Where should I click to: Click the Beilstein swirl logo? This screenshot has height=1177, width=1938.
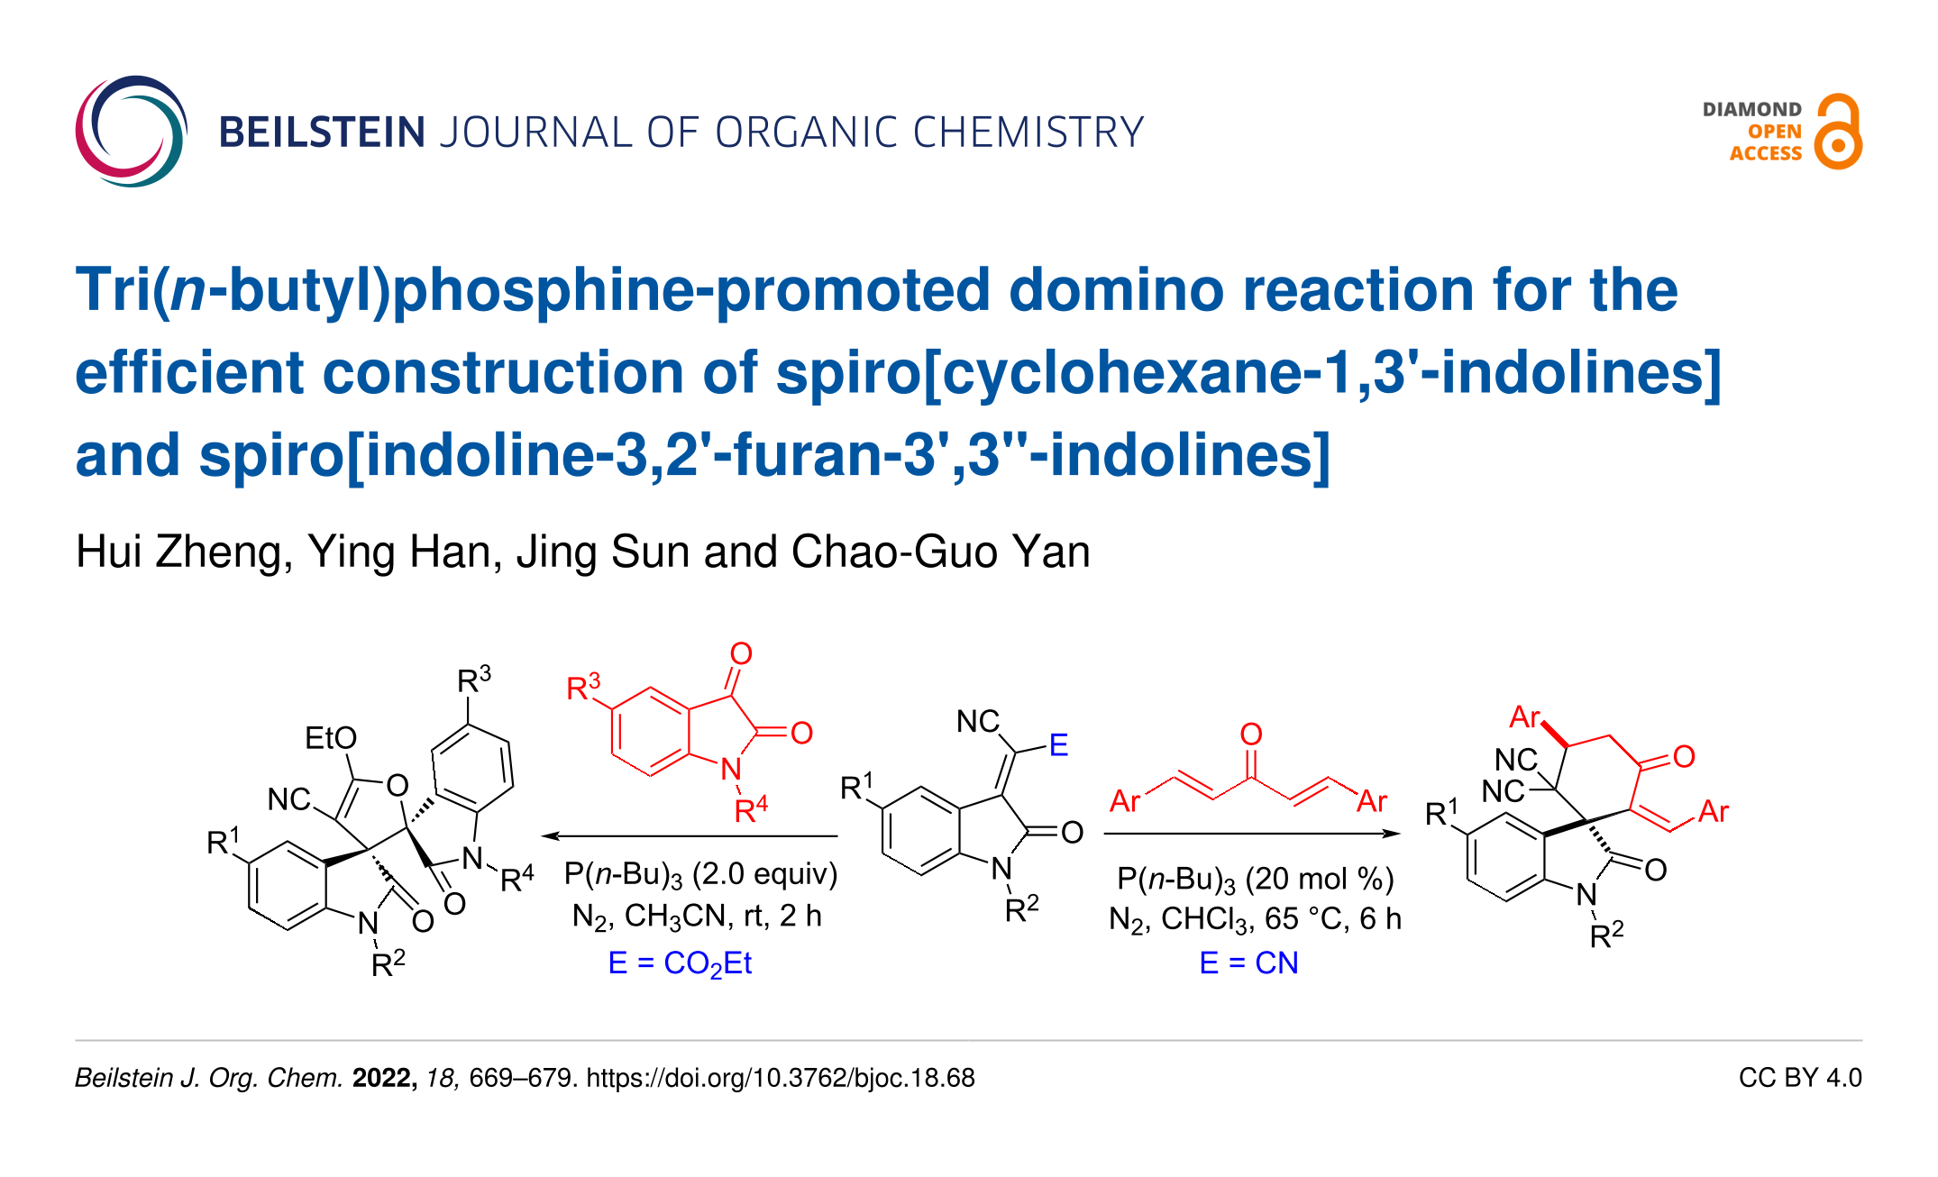pos(131,132)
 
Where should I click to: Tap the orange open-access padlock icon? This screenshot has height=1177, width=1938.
pos(1838,132)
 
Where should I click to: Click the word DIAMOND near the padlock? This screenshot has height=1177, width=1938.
pos(1751,110)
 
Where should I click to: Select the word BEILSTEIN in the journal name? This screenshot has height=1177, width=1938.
pos(322,132)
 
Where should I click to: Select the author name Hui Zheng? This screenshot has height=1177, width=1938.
pos(184,552)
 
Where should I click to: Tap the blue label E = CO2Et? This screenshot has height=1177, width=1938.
pos(680,963)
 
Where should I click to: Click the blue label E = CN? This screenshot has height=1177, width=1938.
pos(1248,963)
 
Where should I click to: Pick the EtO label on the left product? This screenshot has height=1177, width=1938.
pos(331,738)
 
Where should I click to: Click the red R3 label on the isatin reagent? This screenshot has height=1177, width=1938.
pos(583,689)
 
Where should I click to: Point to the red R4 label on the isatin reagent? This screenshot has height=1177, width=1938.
pos(751,809)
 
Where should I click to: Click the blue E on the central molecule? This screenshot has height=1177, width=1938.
pos(1058,745)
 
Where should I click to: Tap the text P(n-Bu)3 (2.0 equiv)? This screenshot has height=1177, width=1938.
pos(700,874)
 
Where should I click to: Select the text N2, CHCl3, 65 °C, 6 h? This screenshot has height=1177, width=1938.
pos(1255,919)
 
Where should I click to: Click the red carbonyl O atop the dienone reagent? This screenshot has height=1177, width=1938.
pos(1251,734)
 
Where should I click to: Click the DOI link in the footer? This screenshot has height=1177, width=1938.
pos(781,1078)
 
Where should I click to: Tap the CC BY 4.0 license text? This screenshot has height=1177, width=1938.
pos(1799,1078)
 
